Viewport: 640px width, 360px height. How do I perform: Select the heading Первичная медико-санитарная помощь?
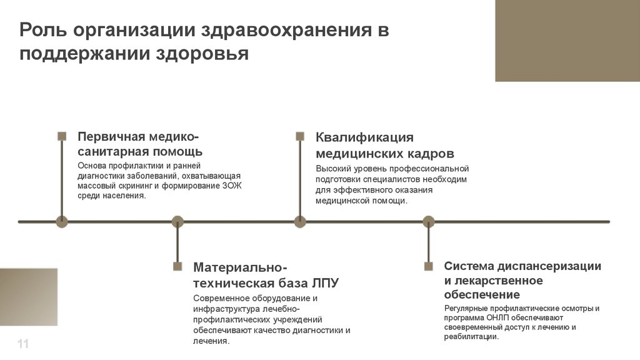(139, 144)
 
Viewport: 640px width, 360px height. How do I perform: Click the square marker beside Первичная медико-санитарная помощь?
(62, 136)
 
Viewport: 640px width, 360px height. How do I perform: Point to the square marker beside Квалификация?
(300, 136)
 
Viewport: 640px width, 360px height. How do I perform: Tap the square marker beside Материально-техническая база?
(177, 266)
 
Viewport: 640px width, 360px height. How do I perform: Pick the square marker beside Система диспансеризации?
(428, 266)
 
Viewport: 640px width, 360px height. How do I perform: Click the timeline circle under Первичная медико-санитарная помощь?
(62, 221)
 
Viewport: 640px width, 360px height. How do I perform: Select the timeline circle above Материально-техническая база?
(177, 221)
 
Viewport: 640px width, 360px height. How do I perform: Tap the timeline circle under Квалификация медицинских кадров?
(300, 221)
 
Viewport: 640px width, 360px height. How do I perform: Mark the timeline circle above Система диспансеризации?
(428, 221)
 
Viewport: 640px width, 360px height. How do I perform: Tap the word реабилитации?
(471, 337)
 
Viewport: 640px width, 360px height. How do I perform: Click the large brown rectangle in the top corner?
(567, 41)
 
